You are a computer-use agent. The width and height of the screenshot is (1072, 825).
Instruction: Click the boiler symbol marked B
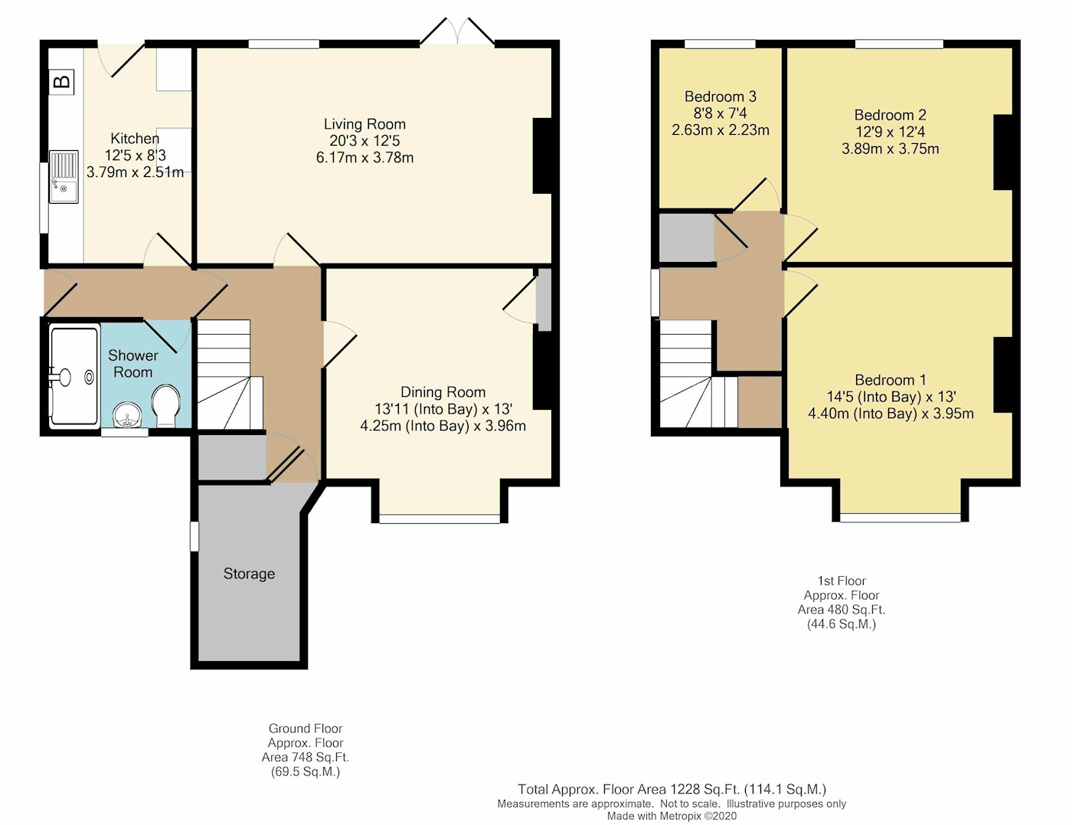click(x=62, y=81)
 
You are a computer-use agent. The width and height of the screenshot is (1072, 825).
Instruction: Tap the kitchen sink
click(x=63, y=176)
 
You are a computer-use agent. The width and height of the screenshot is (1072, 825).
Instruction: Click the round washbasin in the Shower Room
click(x=127, y=415)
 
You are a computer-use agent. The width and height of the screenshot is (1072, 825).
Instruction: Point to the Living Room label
click(x=364, y=124)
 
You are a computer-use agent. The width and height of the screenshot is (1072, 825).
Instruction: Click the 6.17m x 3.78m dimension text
click(x=364, y=157)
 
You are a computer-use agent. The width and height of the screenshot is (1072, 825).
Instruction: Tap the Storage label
click(x=249, y=573)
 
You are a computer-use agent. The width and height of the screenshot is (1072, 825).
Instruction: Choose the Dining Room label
click(x=443, y=391)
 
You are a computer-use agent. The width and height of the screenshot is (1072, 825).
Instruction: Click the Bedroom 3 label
click(x=721, y=97)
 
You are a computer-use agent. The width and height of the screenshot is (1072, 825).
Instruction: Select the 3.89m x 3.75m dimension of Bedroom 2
click(x=890, y=149)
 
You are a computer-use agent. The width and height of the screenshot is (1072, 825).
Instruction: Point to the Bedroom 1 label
click(x=890, y=380)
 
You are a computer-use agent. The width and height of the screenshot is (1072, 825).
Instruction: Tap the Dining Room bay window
click(x=440, y=519)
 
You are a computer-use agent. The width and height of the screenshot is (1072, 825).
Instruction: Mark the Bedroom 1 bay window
click(x=900, y=518)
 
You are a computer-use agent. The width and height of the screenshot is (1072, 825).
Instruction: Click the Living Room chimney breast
click(x=542, y=156)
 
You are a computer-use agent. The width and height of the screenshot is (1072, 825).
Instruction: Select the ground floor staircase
click(x=230, y=375)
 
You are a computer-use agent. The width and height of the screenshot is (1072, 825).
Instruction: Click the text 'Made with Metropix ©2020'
click(x=672, y=816)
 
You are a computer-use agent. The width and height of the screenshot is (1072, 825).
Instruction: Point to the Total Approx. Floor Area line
click(x=672, y=790)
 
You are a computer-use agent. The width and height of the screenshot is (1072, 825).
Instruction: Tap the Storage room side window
click(x=194, y=536)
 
